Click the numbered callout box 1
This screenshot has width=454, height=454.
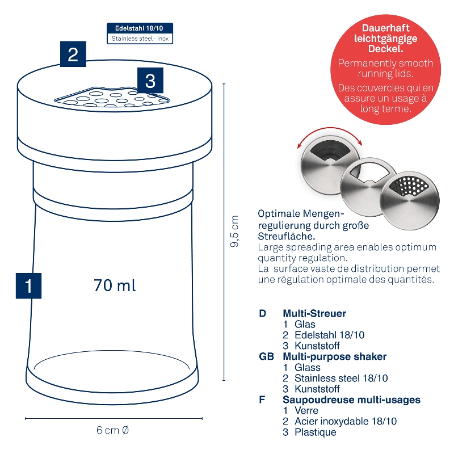pyautogui.click(x=28, y=285)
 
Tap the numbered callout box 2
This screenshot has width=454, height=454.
pyautogui.click(x=73, y=54)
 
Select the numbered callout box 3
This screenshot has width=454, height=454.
pyautogui.click(x=150, y=81)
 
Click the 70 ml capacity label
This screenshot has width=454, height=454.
pyautogui.click(x=115, y=285)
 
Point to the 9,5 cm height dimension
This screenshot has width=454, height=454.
pyautogui.click(x=234, y=231)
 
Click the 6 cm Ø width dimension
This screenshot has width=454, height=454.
pyautogui.click(x=112, y=430)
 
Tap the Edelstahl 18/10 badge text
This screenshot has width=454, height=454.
pyautogui.click(x=139, y=28)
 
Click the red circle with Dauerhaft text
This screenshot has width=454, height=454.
pyautogui.click(x=385, y=69)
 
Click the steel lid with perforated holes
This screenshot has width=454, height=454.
pyautogui.click(x=409, y=200)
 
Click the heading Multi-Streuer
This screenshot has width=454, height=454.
pyautogui.click(x=314, y=313)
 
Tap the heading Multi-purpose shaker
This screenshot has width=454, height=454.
pyautogui.click(x=334, y=356)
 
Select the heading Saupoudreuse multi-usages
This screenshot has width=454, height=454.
pyautogui.click(x=351, y=400)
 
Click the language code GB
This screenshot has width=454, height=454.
pyautogui.click(x=266, y=356)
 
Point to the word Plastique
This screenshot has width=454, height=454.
pyautogui.click(x=316, y=432)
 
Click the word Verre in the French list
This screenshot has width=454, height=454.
pyautogui.click(x=306, y=410)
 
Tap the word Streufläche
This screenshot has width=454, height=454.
pyautogui.click(x=287, y=236)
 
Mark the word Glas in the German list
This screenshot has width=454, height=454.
pyautogui.click(x=305, y=324)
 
